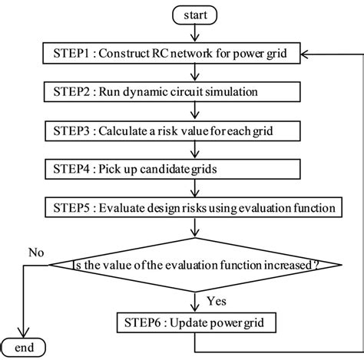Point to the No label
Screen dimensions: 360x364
(35, 250)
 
